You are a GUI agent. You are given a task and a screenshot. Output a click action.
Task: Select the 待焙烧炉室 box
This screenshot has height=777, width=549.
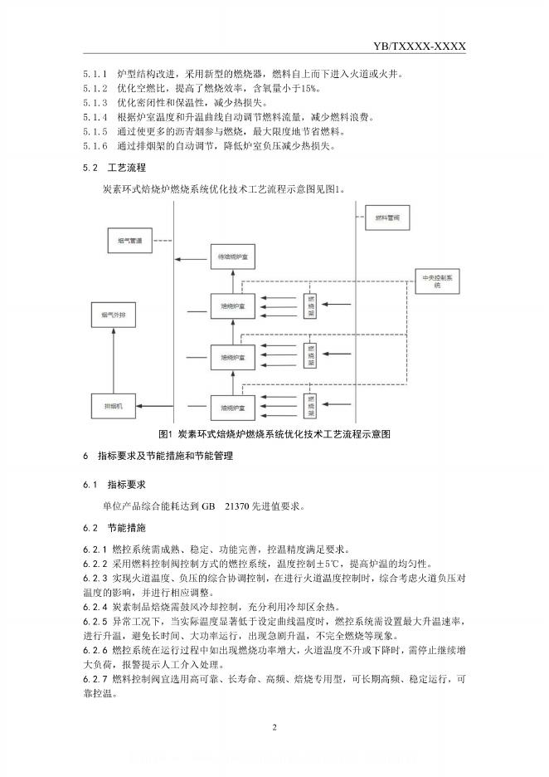[233, 257]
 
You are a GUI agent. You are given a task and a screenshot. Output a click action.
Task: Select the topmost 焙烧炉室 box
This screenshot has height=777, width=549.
[233, 307]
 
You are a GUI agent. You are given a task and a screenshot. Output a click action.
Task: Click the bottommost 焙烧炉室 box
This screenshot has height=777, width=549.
[233, 408]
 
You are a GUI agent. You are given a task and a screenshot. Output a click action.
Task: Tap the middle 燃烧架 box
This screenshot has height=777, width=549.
[310, 355]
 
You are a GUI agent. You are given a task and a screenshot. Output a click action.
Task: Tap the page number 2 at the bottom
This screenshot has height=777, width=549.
[274, 727]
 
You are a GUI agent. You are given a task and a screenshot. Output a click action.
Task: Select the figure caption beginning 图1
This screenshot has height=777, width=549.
[274, 433]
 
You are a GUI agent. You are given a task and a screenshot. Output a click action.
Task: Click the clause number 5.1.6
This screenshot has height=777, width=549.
[95, 146]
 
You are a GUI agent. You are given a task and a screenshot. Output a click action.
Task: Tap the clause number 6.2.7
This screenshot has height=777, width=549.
[95, 679]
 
